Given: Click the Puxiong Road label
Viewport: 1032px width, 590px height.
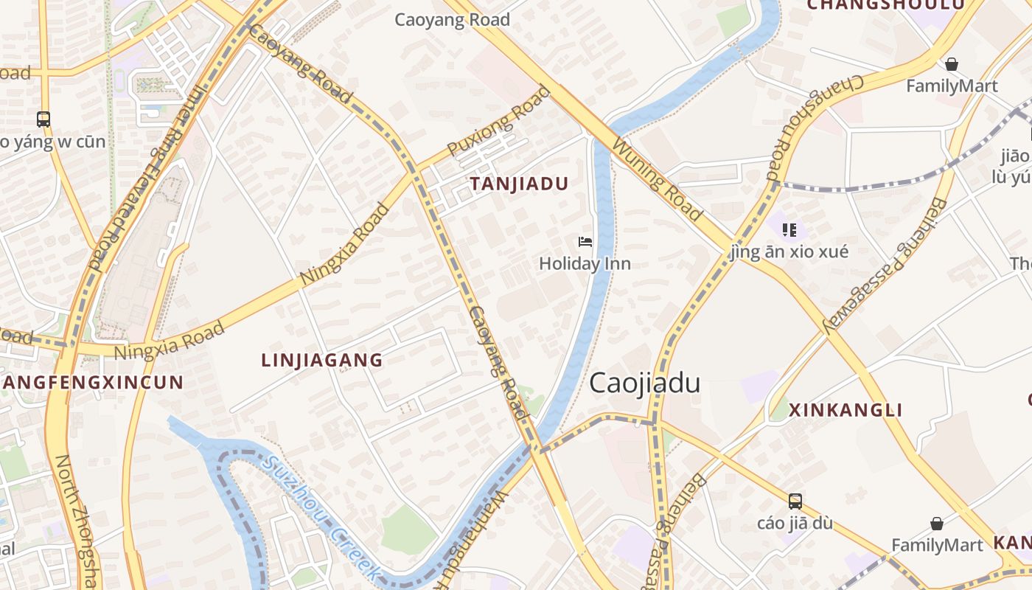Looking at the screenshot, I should coord(499,122).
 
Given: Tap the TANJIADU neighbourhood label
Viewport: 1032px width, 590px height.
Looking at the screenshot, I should coord(520,184).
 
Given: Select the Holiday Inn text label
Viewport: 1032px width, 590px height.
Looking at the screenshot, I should coord(585,263).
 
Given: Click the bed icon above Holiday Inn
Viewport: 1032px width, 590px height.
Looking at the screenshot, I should coord(585,242).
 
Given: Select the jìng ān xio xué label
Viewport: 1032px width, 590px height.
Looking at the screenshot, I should coord(789,251).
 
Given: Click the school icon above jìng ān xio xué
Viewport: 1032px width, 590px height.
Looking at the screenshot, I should coord(789,230).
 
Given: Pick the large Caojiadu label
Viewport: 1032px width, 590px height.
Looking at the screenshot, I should coord(644,383).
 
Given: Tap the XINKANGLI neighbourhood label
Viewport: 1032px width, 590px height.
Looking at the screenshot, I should coord(846,410).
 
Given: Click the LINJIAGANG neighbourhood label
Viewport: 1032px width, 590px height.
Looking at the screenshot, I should coord(322,360).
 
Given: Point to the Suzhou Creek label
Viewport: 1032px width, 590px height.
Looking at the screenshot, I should coord(323,518).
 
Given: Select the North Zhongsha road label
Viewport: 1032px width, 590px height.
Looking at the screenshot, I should coord(76,520).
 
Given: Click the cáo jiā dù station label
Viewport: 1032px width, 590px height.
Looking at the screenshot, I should coord(795,523).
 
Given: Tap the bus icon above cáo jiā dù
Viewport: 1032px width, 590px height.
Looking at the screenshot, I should coord(795,502).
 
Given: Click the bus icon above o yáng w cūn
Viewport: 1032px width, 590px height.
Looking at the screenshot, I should coord(43,119).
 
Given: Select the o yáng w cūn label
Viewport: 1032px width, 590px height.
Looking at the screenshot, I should coord(53,141).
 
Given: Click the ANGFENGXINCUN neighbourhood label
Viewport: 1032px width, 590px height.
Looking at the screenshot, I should coord(92,382).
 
